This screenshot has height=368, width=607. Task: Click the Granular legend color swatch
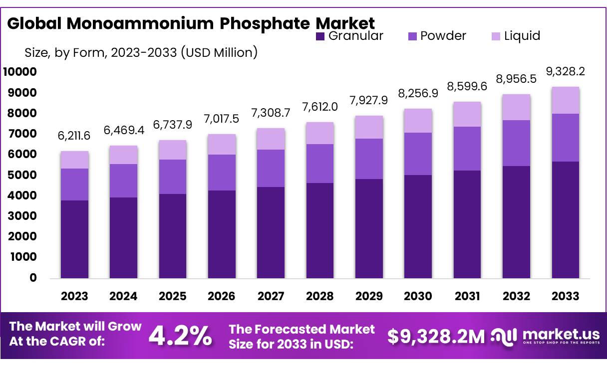(320, 36)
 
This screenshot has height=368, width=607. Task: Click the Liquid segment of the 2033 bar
(565, 100)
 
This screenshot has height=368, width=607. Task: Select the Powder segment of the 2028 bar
(319, 164)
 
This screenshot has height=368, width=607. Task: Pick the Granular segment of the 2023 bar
(74, 239)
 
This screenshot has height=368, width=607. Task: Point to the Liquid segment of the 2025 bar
(172, 150)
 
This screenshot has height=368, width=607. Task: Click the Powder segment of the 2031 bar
(467, 149)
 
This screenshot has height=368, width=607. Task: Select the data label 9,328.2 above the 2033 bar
(565, 72)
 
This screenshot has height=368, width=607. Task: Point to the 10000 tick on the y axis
(20, 72)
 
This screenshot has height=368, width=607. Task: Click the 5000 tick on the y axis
(23, 175)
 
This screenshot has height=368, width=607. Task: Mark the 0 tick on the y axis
(33, 278)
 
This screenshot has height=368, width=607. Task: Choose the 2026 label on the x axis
(221, 296)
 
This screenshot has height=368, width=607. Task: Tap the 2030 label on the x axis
(418, 296)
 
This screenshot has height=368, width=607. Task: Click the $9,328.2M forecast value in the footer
(436, 337)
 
